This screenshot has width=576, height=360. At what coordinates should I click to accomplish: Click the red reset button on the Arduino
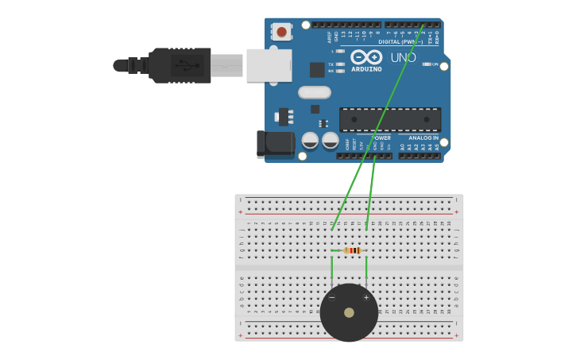(280, 32)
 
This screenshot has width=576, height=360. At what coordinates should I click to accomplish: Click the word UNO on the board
(403, 57)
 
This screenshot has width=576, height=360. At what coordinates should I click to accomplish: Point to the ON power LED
(427, 64)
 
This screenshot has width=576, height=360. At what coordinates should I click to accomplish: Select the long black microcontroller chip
(389, 119)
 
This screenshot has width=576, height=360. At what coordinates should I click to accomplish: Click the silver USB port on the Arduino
(269, 65)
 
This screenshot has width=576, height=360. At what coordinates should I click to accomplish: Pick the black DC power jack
(274, 144)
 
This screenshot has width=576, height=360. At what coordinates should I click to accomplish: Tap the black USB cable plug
(180, 65)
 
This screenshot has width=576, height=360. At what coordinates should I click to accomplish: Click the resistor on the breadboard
(353, 250)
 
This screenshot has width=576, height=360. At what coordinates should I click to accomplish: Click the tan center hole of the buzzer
(349, 312)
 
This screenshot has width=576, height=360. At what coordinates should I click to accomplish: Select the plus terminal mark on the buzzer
(366, 297)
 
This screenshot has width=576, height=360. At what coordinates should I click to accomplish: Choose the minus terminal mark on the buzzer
(332, 297)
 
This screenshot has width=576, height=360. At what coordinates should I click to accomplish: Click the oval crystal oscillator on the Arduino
(314, 92)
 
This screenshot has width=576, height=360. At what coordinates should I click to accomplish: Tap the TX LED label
(331, 64)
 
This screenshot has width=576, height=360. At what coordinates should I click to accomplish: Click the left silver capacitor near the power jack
(311, 141)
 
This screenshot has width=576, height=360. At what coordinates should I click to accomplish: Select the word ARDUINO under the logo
(365, 69)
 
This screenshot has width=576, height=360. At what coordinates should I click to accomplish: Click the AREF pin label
(329, 37)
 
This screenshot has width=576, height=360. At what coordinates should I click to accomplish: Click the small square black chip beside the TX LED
(317, 70)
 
